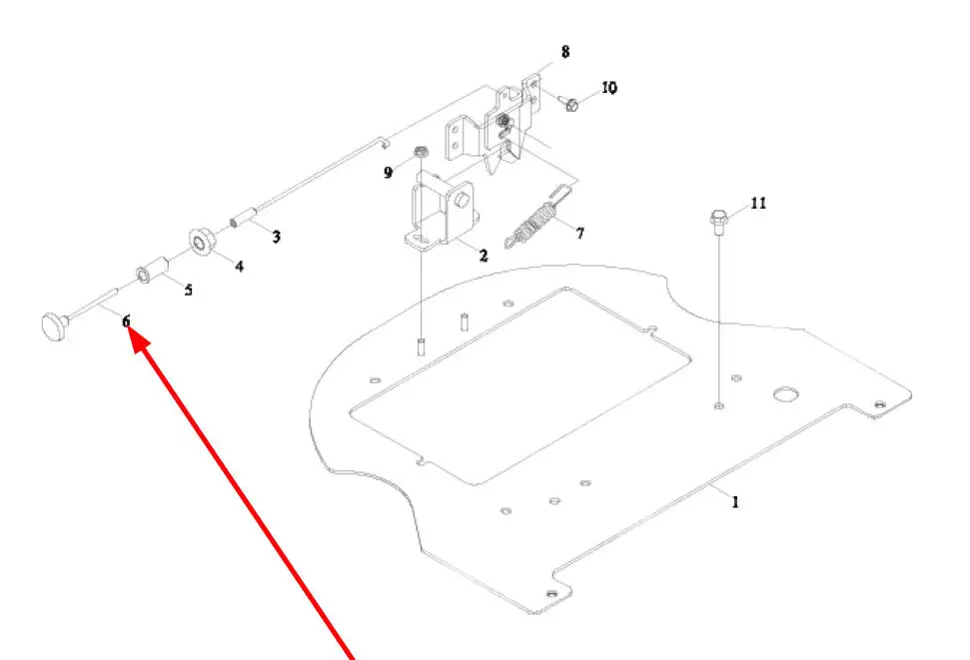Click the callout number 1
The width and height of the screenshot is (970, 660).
tap(735, 502)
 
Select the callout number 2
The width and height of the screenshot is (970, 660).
tap(484, 256)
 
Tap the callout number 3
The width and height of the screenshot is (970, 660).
tap(277, 237)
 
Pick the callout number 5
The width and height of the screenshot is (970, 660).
tap(188, 291)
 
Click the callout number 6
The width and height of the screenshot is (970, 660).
tap(127, 322)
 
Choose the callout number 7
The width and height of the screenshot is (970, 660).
tap(579, 233)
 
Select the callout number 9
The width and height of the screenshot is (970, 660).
tap(389, 173)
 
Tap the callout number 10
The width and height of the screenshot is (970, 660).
tap(608, 88)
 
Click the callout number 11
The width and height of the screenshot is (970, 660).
tap(758, 203)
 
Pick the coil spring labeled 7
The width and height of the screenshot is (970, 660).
tap(537, 221)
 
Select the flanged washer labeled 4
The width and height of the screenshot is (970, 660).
tap(203, 242)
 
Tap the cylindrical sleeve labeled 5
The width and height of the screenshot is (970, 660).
tap(150, 273)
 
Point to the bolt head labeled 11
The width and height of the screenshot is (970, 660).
tap(718, 217)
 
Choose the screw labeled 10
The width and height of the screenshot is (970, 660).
tap(572, 103)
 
